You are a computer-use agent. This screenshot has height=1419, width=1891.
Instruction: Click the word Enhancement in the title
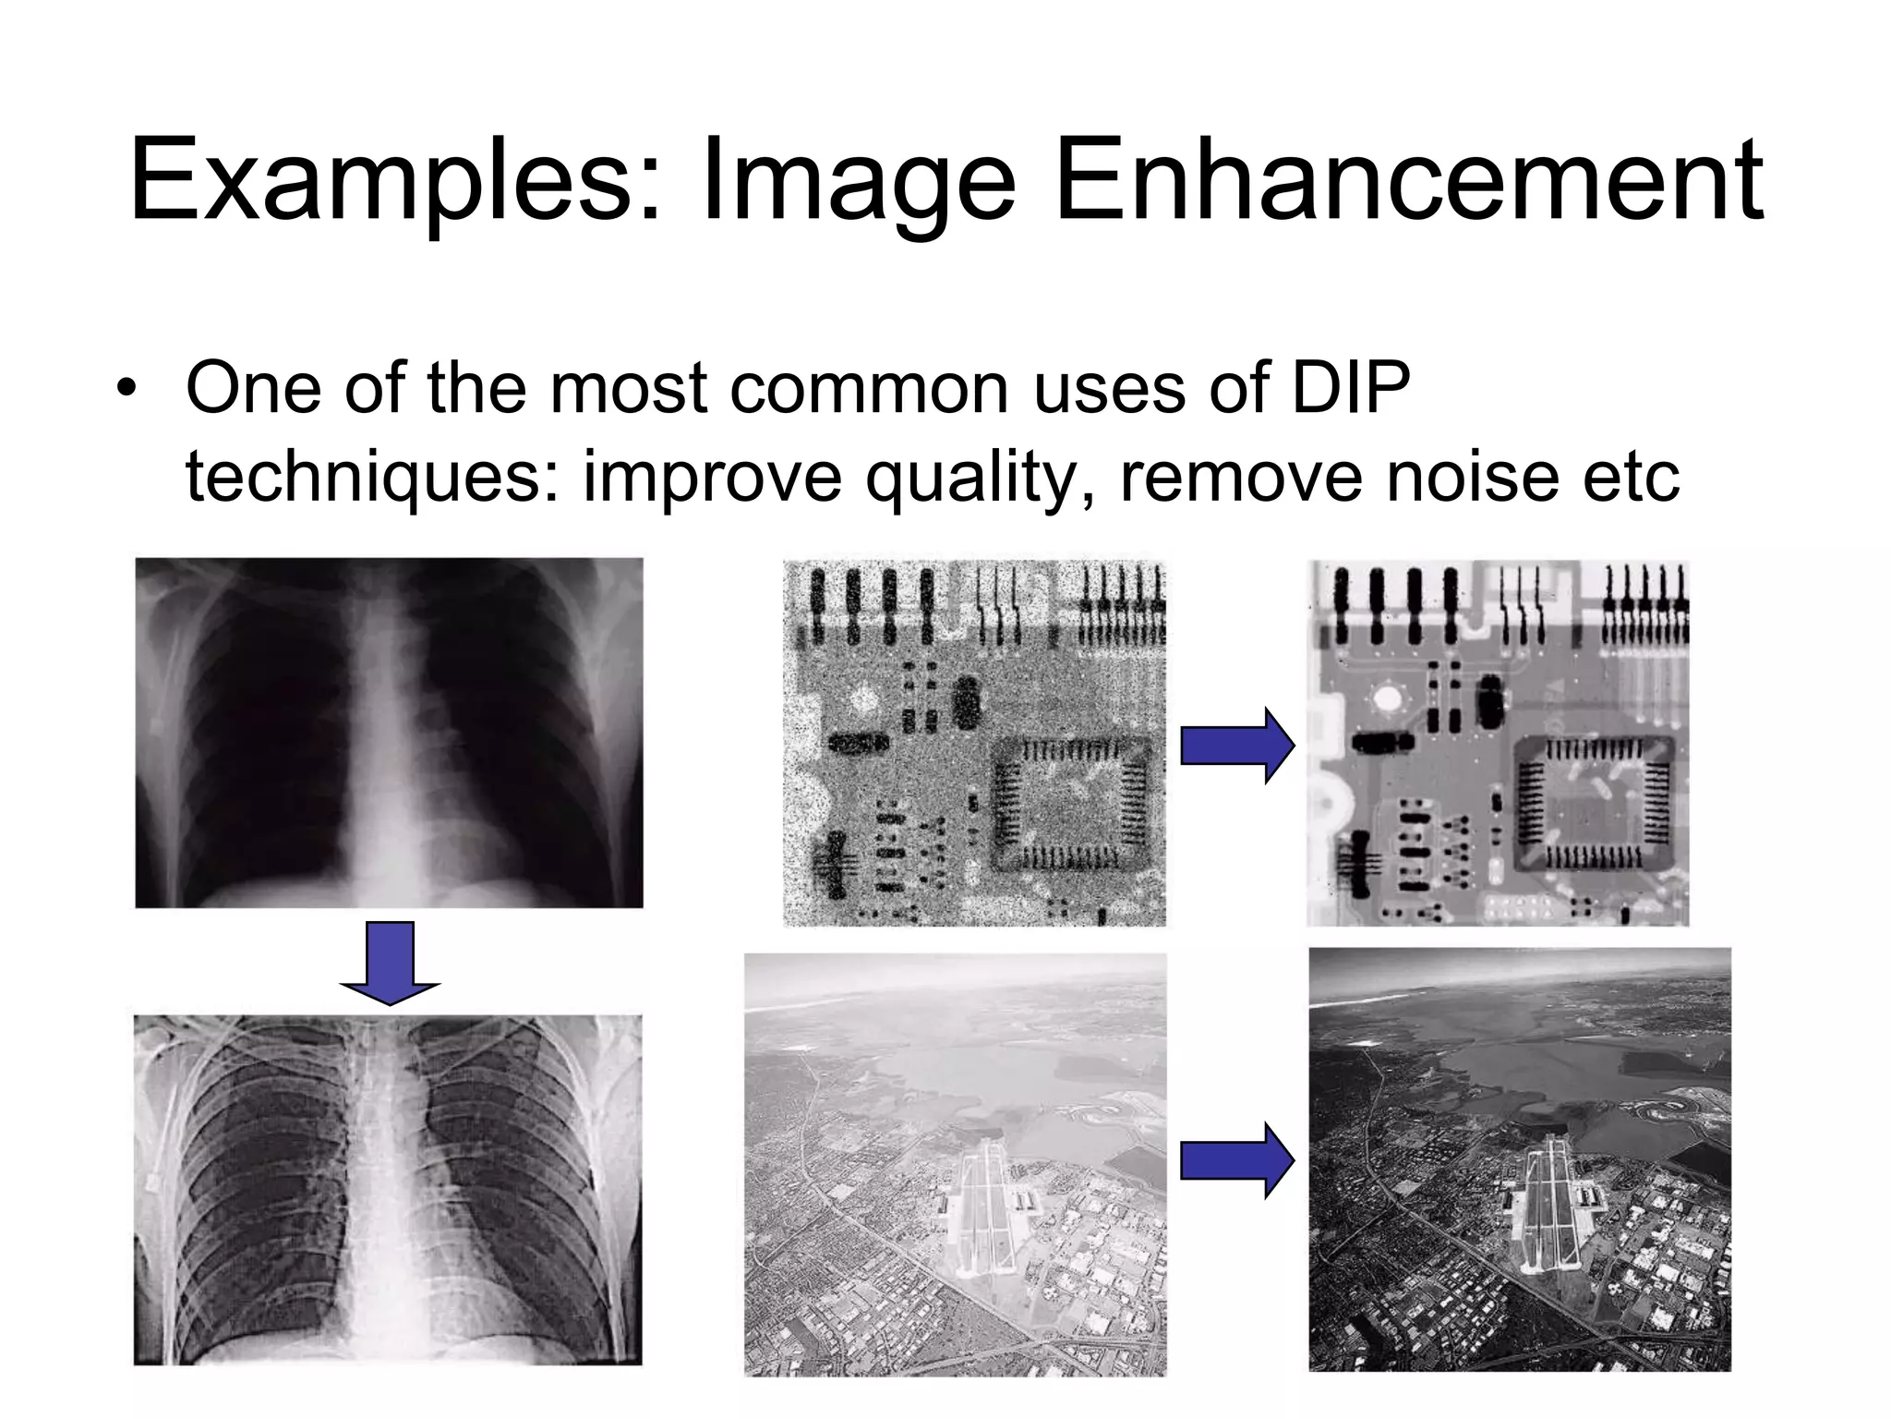point(1408,181)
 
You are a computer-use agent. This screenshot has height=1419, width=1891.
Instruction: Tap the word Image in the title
point(859,181)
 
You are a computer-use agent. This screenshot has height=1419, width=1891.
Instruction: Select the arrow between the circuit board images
point(1237,746)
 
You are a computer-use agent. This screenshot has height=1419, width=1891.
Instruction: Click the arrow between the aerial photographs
point(1237,1161)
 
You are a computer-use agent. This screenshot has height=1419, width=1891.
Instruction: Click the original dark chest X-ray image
point(389,733)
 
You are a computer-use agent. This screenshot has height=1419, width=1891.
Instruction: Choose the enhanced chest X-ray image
point(388,1190)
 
